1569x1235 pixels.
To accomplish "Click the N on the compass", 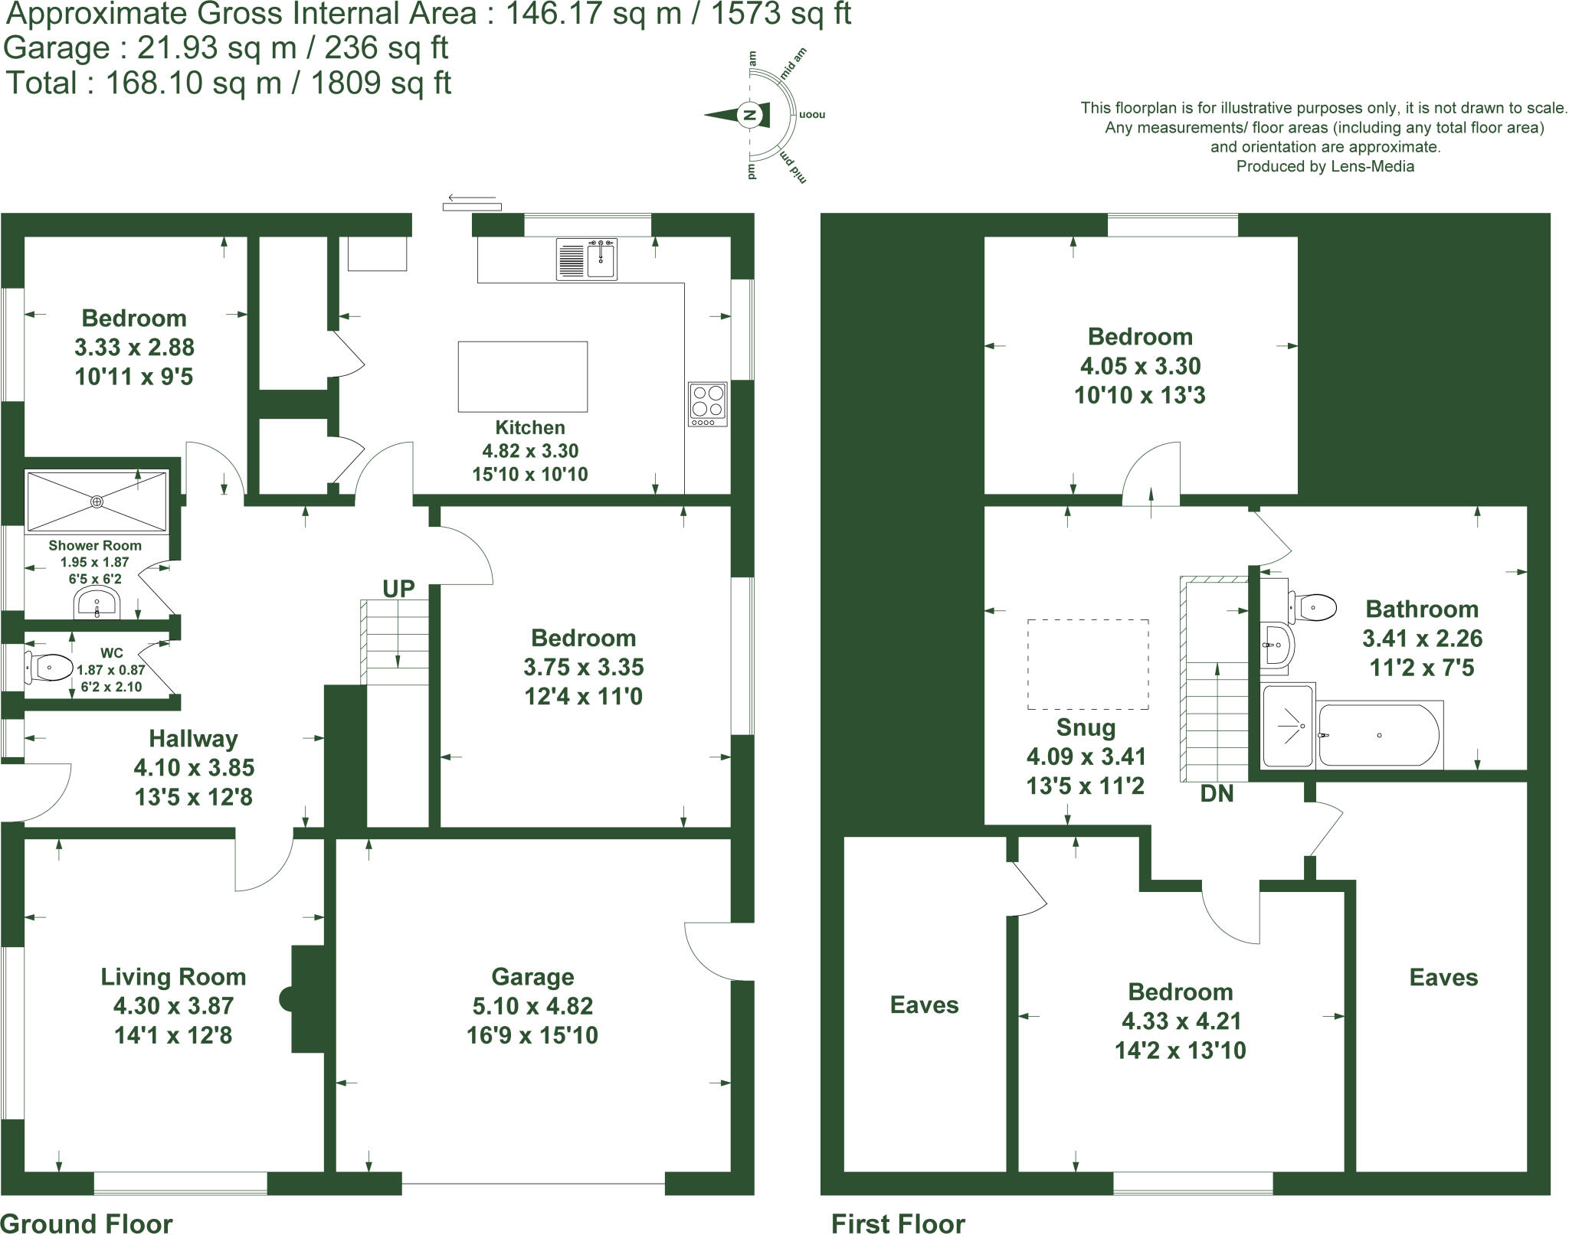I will [751, 116].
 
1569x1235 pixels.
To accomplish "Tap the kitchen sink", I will [602, 260].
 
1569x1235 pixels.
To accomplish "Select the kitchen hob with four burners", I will [707, 403].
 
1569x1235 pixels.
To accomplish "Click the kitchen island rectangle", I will [522, 377].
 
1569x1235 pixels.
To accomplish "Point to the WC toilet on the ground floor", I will [47, 668].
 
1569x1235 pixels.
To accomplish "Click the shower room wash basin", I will [97, 603].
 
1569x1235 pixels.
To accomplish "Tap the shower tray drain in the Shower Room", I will [97, 502].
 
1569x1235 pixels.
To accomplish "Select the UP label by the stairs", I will [398, 588].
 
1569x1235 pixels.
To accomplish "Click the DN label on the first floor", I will [1217, 794].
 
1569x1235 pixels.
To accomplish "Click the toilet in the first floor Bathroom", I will [1313, 607].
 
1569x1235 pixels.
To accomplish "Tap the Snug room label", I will [1086, 727].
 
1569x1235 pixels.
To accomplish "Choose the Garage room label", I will [532, 977].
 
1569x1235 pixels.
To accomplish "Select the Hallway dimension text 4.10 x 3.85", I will [194, 767].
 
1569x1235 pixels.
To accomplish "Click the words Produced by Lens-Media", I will [1325, 166].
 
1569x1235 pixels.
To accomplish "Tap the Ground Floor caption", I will [87, 1224].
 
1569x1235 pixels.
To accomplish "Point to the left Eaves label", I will [924, 1005].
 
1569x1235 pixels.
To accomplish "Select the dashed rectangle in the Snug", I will [1087, 664].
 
